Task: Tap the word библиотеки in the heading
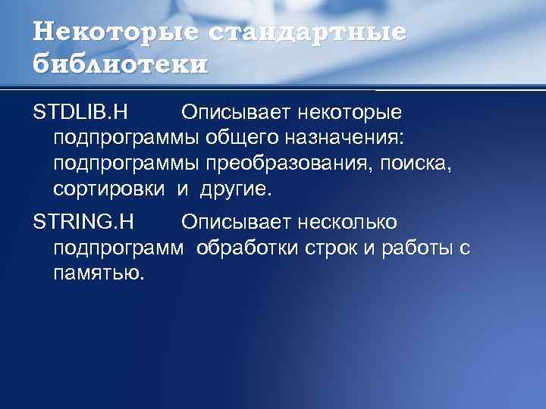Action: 120,64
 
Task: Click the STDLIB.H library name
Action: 80,114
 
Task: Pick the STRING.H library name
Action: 83,223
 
